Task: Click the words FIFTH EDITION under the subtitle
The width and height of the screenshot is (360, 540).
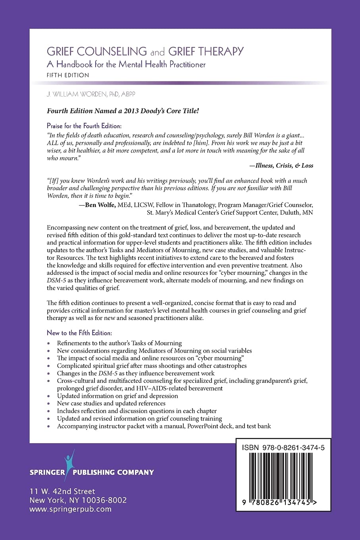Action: pyautogui.click(x=68, y=75)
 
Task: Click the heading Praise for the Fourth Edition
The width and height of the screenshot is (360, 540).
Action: pyautogui.click(x=84, y=126)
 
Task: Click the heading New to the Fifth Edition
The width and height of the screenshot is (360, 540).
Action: pyautogui.click(x=79, y=333)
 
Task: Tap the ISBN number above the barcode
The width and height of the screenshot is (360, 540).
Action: pyautogui.click(x=283, y=447)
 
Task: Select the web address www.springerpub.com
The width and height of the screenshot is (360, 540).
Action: pyautogui.click(x=71, y=509)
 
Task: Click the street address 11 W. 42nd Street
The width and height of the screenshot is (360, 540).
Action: pyautogui.click(x=62, y=492)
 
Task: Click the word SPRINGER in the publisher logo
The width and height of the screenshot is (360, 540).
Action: pyautogui.click(x=47, y=472)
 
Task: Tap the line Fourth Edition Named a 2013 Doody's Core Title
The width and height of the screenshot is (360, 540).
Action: pyautogui.click(x=123, y=111)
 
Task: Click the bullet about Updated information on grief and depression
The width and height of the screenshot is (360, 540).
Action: pyautogui.click(x=117, y=396)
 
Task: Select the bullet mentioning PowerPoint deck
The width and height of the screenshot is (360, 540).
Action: pyautogui.click(x=164, y=426)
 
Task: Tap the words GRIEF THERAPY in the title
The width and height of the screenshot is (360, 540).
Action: pyautogui.click(x=206, y=52)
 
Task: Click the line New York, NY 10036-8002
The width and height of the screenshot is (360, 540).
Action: pyautogui.click(x=78, y=500)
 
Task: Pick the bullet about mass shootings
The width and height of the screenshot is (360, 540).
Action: pyautogui.click(x=152, y=366)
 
